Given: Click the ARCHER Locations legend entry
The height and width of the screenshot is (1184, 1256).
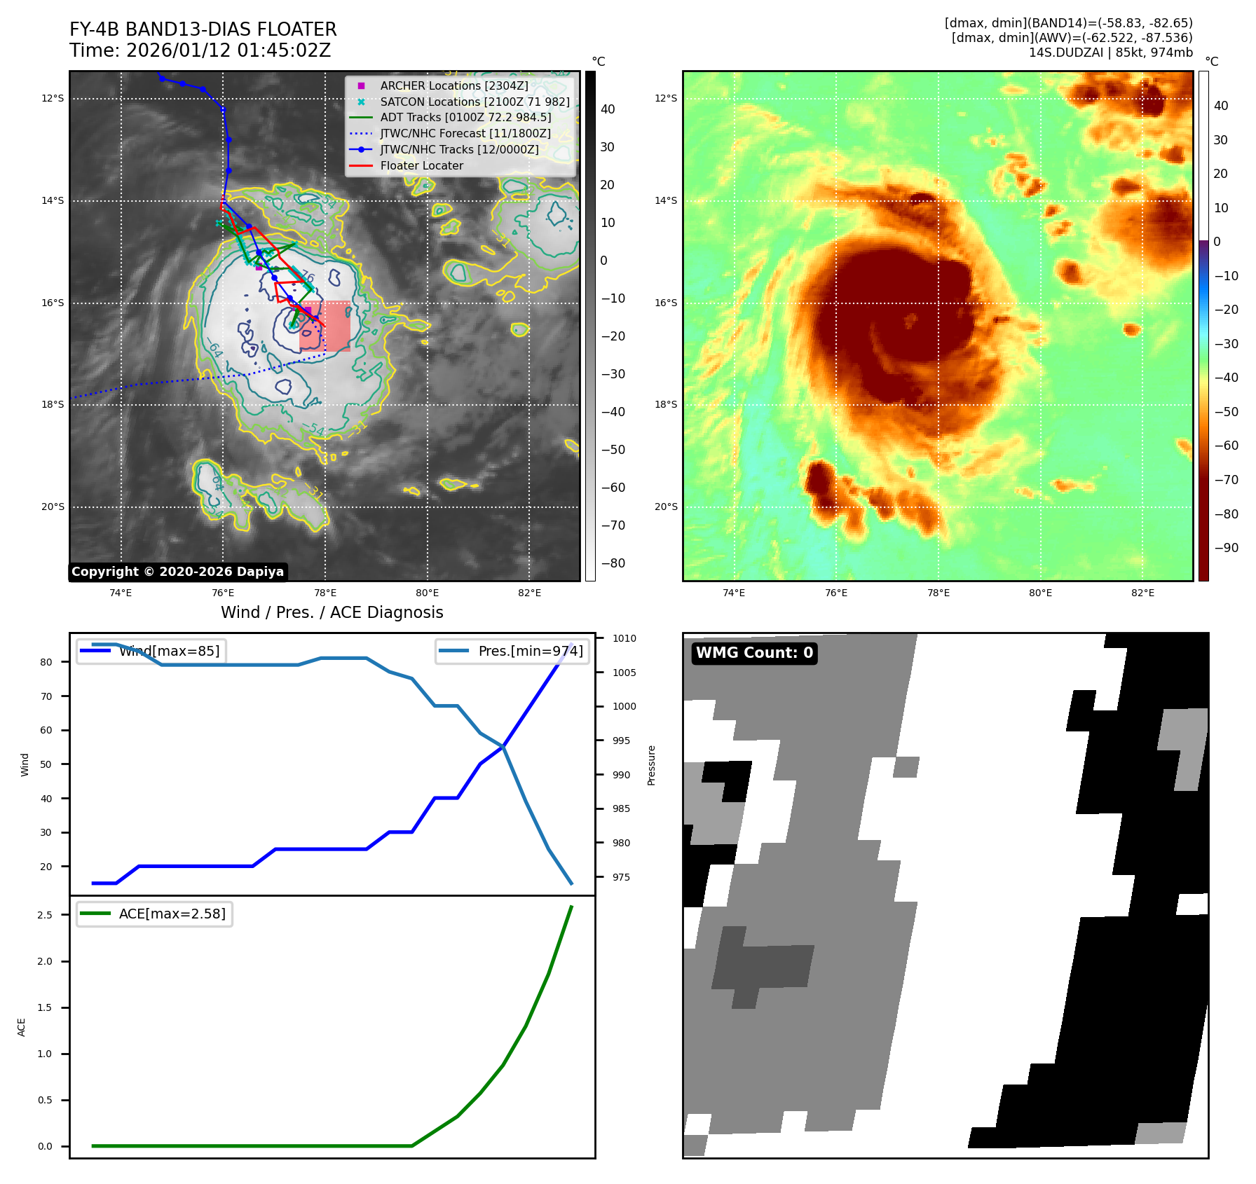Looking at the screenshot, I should pyautogui.click(x=453, y=85).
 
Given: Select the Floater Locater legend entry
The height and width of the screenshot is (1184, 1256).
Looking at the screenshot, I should pyautogui.click(x=421, y=165).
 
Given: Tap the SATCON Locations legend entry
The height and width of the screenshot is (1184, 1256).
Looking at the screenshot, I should pyautogui.click(x=475, y=102).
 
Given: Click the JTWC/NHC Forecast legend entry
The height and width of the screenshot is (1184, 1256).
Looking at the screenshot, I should pyautogui.click(x=465, y=133).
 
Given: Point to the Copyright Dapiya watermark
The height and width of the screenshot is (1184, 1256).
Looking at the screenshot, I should pyautogui.click(x=178, y=572).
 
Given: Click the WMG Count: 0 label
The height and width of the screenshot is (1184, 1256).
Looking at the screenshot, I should pyautogui.click(x=754, y=653).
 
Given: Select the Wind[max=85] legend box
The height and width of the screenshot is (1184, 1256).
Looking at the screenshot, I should pyautogui.click(x=150, y=651).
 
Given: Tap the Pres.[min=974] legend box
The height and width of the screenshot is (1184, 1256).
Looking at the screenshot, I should pyautogui.click(x=512, y=651).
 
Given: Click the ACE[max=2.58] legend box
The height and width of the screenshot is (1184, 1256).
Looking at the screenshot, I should pyautogui.click(x=154, y=914).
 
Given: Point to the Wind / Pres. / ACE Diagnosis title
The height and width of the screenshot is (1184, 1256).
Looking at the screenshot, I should pyautogui.click(x=332, y=612).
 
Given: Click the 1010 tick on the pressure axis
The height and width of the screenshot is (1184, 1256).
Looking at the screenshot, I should pyautogui.click(x=624, y=638).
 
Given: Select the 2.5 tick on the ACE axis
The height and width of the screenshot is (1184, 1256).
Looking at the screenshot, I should pyautogui.click(x=45, y=915).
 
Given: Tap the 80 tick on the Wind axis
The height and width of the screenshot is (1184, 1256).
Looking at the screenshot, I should pyautogui.click(x=46, y=662).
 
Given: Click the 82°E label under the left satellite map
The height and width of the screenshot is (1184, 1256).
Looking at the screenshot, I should pyautogui.click(x=529, y=593).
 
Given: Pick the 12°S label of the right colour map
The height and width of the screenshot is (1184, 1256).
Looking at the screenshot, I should pyautogui.click(x=666, y=98).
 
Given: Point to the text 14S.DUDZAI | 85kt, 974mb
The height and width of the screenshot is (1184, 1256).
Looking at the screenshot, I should pyautogui.click(x=1110, y=53).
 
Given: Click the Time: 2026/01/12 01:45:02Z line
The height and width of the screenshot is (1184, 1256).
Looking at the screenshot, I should pyautogui.click(x=200, y=50).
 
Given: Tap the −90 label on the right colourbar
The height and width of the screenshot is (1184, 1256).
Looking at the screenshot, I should pyautogui.click(x=1226, y=548).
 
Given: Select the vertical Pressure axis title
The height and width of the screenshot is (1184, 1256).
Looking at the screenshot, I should pyautogui.click(x=652, y=765).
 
